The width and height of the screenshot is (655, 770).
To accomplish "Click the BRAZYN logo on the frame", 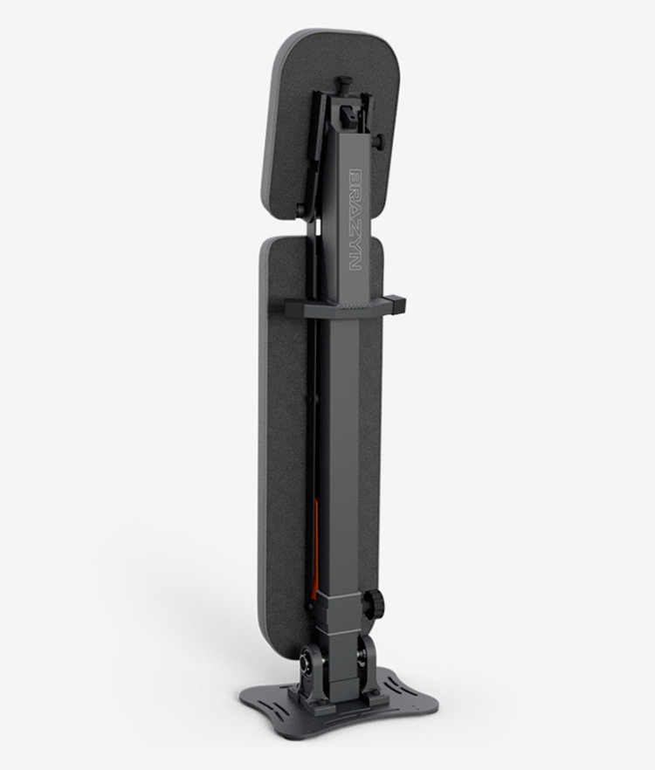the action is point(355,219).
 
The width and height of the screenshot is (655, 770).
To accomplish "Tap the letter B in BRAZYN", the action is point(355,177).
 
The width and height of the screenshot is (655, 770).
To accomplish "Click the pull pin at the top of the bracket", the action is point(347,84).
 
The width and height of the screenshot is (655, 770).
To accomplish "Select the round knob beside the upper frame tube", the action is point(379,141).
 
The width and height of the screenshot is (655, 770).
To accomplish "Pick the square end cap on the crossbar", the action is point(396,305).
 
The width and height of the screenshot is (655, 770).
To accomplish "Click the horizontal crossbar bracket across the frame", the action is point(345,308).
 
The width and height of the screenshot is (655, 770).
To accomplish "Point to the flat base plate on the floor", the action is point(339,706).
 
